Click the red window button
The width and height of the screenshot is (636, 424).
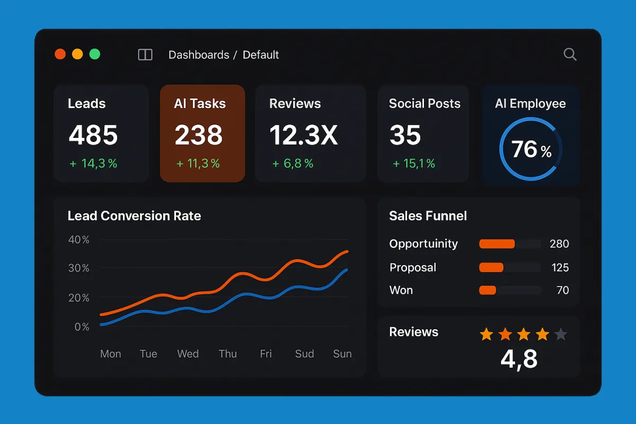point(60,54)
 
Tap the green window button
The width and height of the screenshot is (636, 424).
point(95,54)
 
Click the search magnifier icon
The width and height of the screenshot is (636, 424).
point(570,54)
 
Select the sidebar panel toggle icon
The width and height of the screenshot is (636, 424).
point(145,55)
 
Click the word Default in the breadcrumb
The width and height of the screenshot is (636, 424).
point(261,55)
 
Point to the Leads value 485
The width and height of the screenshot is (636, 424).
point(93,135)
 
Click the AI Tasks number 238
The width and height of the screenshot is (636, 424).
point(199,135)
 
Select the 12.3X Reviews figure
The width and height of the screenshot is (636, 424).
point(303,135)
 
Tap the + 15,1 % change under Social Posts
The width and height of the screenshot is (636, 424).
point(414,164)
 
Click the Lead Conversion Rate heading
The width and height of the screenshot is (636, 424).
point(134,216)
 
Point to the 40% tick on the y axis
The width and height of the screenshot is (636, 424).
point(78,240)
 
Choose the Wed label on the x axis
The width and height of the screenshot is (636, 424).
point(188,354)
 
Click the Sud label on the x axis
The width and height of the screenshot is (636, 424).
point(304,354)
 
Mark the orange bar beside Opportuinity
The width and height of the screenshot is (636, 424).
point(497,244)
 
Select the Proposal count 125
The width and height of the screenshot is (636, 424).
point(560,267)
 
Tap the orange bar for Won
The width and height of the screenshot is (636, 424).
point(488,290)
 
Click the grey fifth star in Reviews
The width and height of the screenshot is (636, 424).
point(560,334)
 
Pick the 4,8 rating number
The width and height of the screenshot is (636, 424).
point(519,359)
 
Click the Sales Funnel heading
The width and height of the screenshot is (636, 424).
point(428,216)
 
